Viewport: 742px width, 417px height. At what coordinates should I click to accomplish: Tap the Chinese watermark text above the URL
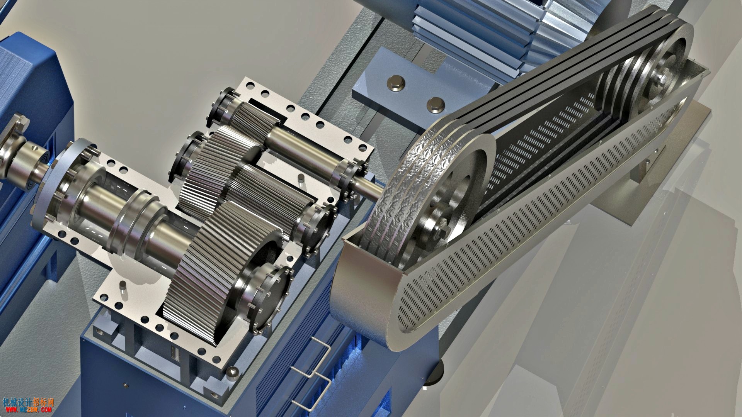[28, 402]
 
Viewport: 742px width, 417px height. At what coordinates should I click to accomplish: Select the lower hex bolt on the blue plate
[435, 104]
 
